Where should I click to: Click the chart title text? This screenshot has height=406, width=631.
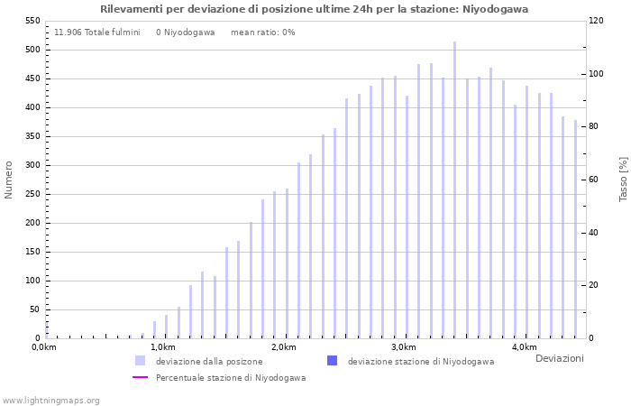coord(315,9)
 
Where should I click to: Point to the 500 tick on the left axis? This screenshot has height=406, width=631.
coord(32,50)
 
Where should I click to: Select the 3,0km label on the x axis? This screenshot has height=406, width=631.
coord(403,347)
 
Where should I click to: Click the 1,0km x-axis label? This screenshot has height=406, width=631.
coord(162,347)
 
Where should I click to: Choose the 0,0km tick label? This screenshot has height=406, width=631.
coord(44,347)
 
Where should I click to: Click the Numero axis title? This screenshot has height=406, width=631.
coord(9,180)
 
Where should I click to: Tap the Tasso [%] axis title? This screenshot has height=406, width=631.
coord(623,180)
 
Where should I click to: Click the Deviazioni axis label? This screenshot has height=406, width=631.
coord(559,358)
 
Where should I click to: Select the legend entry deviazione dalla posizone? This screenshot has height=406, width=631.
coord(208,361)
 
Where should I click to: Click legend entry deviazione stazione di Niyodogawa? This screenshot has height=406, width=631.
coord(420,361)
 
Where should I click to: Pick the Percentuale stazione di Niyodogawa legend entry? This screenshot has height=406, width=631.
coord(230,378)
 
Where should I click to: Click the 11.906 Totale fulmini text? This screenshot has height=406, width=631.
coord(97,32)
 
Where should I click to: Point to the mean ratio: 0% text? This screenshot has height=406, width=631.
coord(262,32)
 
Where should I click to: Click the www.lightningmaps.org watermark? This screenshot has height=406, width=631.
coord(50,400)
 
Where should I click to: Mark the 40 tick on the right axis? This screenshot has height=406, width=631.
coord(595,233)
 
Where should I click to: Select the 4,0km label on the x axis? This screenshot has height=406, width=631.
coord(524,347)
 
